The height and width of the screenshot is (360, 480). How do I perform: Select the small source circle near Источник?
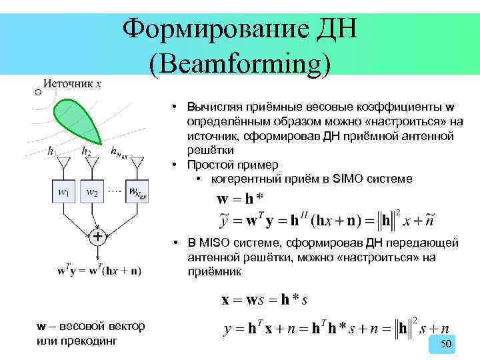tap(38, 92)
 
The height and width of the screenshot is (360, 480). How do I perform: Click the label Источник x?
tap(73, 84)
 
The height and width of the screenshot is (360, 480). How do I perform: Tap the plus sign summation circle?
tap(98, 237)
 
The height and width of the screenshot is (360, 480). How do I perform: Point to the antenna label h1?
tap(53, 152)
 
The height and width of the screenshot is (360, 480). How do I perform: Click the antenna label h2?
tap(87, 152)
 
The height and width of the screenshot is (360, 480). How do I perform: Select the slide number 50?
tap(447, 343)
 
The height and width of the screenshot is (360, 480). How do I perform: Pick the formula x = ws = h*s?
tap(265, 300)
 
